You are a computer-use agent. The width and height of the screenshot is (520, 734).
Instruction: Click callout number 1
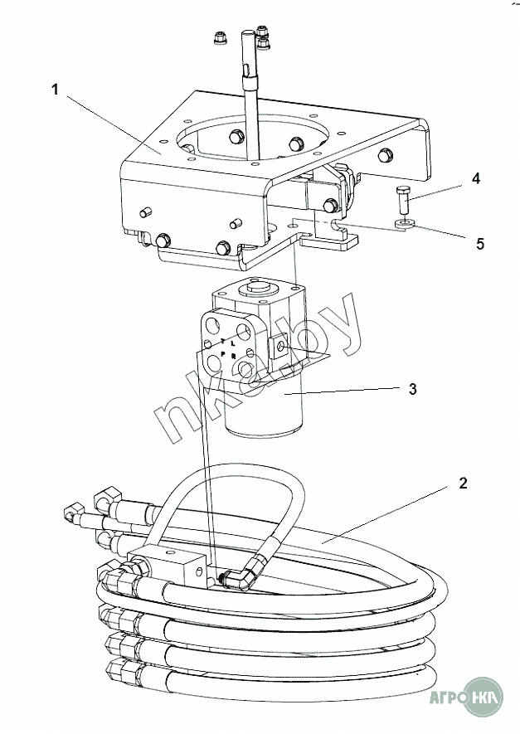[x=56, y=89]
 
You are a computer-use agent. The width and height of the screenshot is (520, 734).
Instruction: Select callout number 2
[x=463, y=483]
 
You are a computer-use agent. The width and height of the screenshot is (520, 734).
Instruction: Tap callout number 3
[x=412, y=389]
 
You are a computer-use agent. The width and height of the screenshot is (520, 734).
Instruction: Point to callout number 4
[x=475, y=178]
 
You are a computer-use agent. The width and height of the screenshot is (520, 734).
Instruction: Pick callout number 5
[x=480, y=244]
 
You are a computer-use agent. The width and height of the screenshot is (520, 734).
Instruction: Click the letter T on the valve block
[x=223, y=340]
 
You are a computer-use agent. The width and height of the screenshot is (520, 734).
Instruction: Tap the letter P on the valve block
[x=223, y=354]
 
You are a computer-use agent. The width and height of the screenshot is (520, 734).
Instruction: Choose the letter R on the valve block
[x=234, y=357]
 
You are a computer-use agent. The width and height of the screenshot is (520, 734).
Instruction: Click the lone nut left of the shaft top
[x=220, y=39]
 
